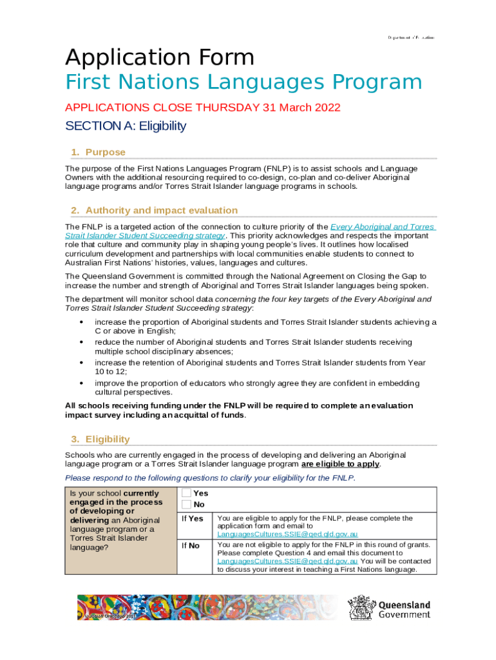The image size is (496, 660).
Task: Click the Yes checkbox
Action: tap(187, 493)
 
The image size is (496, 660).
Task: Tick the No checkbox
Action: tap(187, 504)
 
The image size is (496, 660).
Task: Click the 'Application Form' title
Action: tap(159, 58)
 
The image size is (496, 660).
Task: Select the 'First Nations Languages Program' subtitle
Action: tap(243, 82)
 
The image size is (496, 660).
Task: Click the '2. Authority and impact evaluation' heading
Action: tap(154, 210)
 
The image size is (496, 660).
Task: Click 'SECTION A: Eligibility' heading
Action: tap(126, 126)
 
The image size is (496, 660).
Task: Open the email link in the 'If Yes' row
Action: tap(287, 534)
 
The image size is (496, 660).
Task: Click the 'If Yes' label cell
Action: tap(193, 518)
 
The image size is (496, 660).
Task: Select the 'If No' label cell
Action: tap(191, 545)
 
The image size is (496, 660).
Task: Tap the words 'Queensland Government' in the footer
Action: tap(404, 610)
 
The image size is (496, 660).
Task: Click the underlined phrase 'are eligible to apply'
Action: tap(340, 464)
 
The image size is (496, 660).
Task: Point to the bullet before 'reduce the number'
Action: tap(81, 342)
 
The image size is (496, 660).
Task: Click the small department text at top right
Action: tap(410, 38)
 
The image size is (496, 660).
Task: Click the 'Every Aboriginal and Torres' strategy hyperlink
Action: tap(383, 227)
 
